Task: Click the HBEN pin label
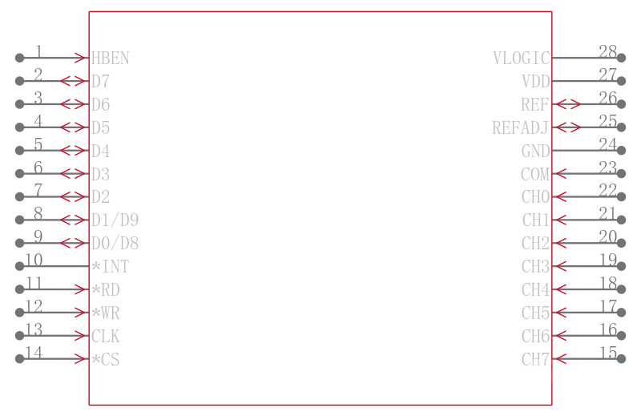pos(110,59)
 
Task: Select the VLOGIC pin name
pos(522,59)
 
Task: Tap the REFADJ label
pos(520,128)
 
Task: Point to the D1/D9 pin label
pos(115,220)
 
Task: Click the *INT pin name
pos(110,267)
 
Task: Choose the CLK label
pos(106,336)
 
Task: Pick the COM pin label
pos(535,174)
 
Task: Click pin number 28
pos(607,51)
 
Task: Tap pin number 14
pos(34,353)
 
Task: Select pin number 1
pos(38,51)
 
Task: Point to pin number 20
pos(607,236)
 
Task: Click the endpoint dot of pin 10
pos(19,266)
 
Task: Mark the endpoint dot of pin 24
pos(622,151)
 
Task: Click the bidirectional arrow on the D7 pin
pos(74,81)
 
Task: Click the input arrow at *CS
pos(82,359)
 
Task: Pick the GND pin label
pos(535,151)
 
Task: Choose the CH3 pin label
pos(535,267)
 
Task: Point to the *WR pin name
pos(106,313)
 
